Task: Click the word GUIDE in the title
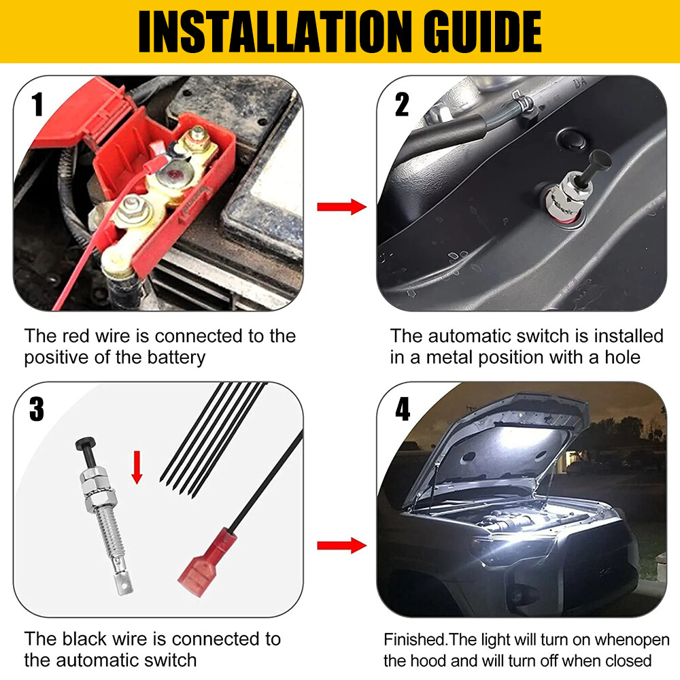point(477,32)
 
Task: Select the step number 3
point(37,409)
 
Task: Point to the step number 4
point(403,409)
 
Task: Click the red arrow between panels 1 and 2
point(341,207)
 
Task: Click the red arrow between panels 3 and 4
point(341,545)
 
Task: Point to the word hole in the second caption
point(622,358)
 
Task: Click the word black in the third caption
point(95,639)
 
